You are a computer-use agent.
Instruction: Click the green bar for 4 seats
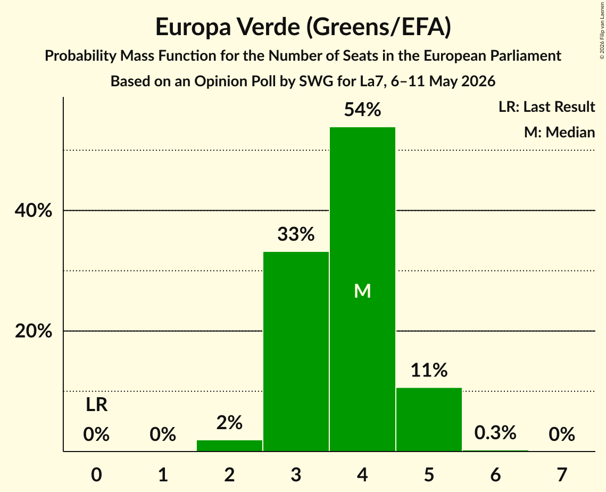pos(362,289)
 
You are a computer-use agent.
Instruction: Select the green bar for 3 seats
pos(296,351)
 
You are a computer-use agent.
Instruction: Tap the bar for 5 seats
pos(429,419)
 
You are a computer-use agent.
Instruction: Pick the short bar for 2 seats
pos(229,446)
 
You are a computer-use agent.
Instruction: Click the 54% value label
pos(362,110)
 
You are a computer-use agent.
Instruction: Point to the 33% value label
pos(296,234)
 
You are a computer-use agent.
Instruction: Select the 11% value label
pos(429,370)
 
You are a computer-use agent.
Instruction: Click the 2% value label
pos(229,422)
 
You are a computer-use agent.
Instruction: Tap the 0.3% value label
pos(495,432)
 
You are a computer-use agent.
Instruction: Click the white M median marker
pos(362,291)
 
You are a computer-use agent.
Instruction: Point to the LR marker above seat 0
pos(97,405)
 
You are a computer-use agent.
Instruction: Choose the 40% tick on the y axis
pos(34,211)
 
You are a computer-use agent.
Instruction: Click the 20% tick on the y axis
pos(34,332)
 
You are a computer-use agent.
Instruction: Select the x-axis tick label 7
pos(562,474)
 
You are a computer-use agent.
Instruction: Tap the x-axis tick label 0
pos(97,474)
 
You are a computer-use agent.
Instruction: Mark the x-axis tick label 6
pos(495,474)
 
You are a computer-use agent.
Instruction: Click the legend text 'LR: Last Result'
pos(547,106)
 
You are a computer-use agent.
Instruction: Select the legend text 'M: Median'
pos(560,132)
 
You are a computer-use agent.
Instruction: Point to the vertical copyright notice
pos(602,30)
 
